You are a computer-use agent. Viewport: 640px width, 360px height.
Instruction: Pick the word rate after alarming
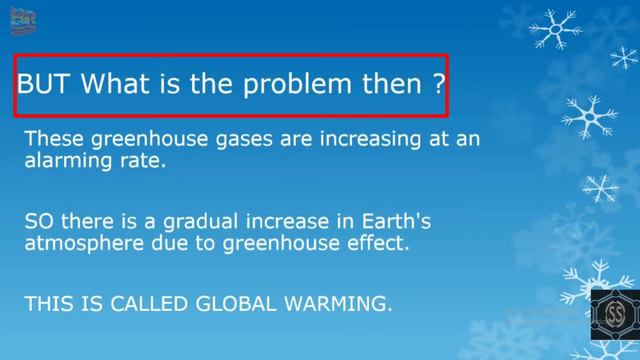click(141, 160)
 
